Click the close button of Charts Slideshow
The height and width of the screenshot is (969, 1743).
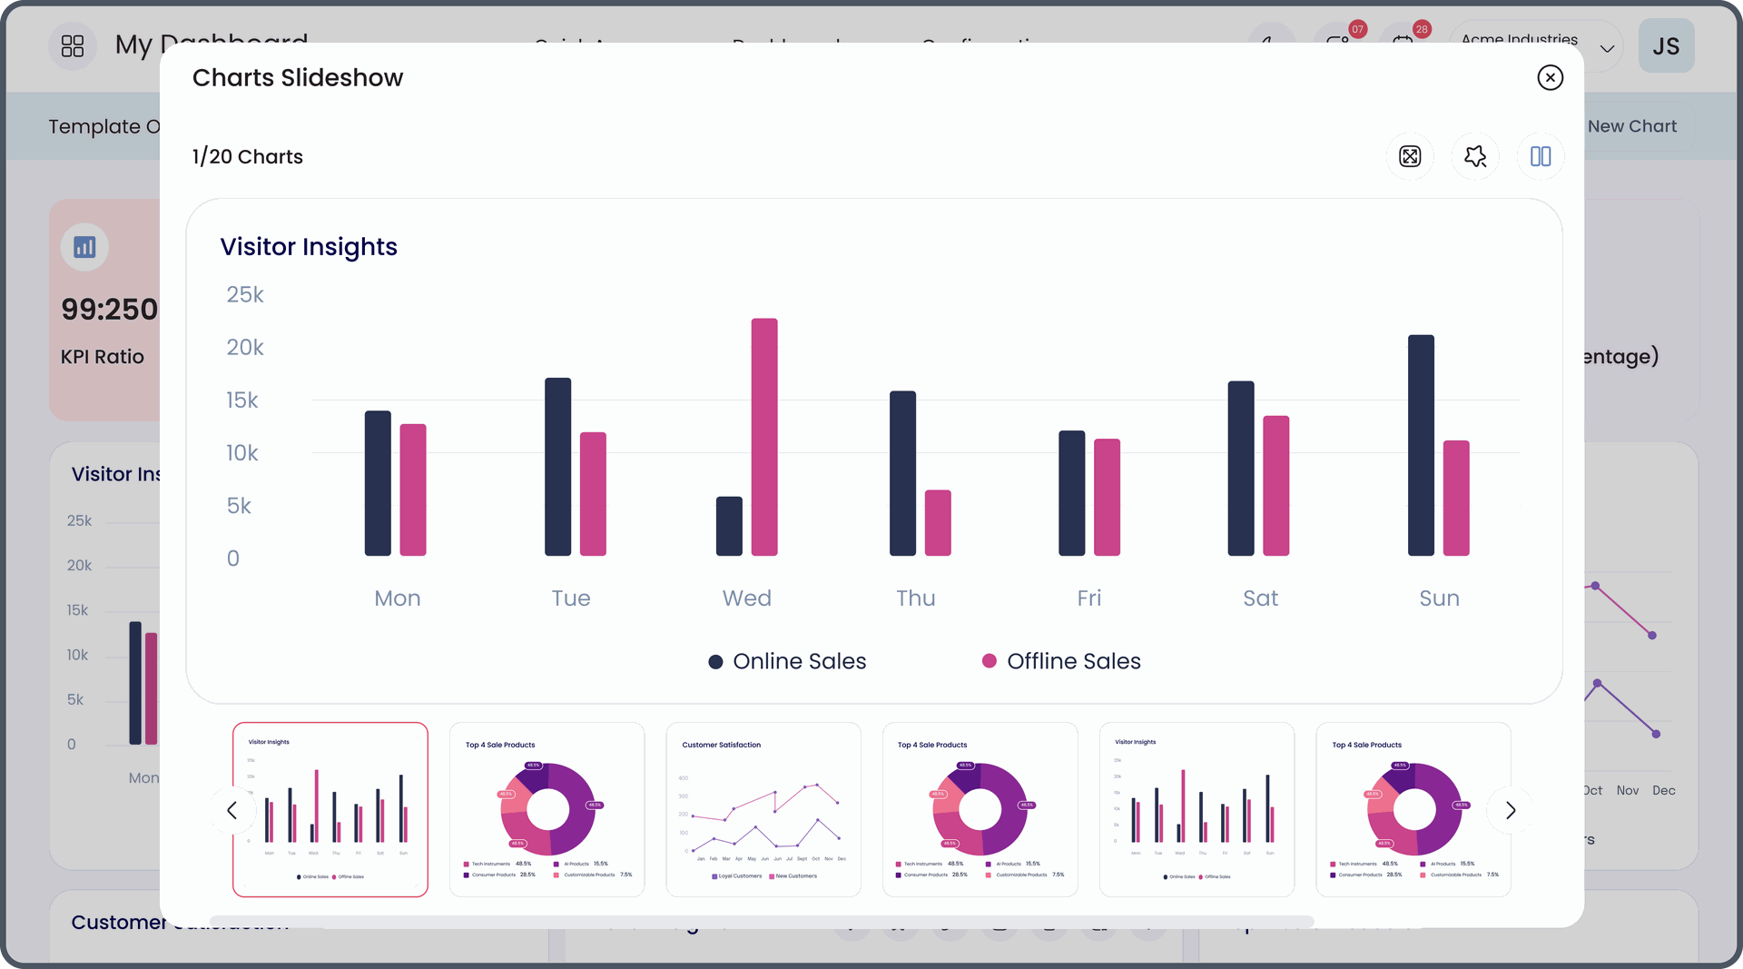click(x=1550, y=78)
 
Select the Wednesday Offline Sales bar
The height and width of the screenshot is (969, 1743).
click(x=764, y=437)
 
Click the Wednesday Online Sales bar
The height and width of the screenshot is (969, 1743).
click(x=729, y=526)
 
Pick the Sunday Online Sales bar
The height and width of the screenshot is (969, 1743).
click(x=1421, y=445)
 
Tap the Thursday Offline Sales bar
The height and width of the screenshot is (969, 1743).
click(x=938, y=523)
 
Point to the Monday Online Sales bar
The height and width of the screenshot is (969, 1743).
click(x=378, y=483)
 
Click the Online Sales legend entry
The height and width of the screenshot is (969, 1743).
click(x=787, y=661)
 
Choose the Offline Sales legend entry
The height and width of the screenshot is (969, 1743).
click(x=1061, y=661)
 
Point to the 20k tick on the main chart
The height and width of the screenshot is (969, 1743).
click(x=245, y=348)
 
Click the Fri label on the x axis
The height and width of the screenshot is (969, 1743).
click(x=1088, y=598)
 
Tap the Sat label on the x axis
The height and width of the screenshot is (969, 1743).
click(x=1260, y=598)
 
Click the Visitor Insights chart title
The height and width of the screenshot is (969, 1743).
click(x=309, y=247)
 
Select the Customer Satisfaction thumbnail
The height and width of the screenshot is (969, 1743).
click(x=763, y=809)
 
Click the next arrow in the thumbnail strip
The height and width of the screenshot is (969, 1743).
click(x=1511, y=810)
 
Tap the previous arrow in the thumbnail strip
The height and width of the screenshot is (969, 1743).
click(x=231, y=810)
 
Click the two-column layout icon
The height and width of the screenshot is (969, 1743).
click(x=1541, y=156)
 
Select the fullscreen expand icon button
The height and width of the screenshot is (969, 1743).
click(x=1410, y=156)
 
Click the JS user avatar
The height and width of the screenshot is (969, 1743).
click(x=1666, y=46)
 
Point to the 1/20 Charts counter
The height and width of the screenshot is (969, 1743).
click(x=248, y=157)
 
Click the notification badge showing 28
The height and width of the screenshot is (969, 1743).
click(x=1422, y=29)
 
